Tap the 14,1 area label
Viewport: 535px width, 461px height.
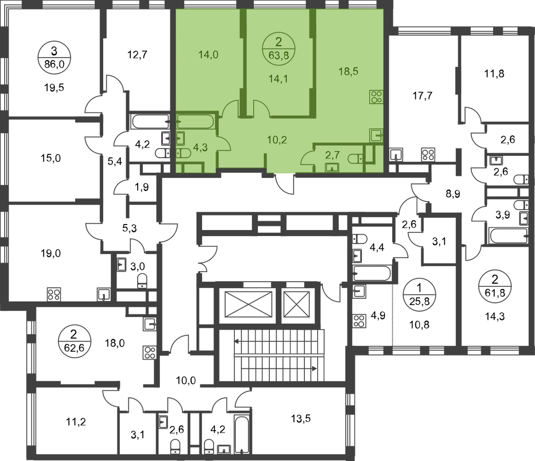278,78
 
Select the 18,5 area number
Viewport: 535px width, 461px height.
347,72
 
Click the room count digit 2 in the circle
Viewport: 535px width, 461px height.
278,43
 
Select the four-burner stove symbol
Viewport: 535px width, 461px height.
376,97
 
